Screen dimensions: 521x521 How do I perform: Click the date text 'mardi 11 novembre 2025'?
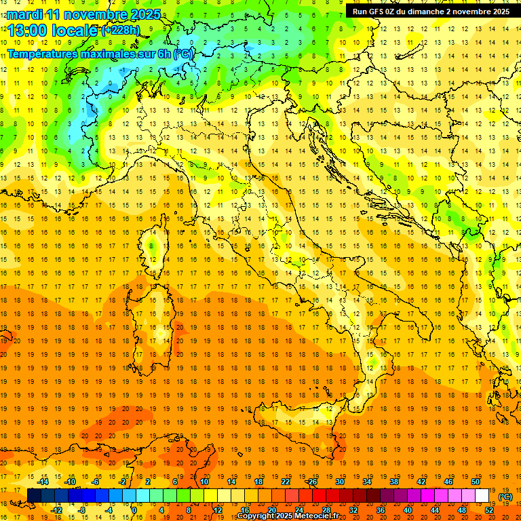pyautogui.click(x=85, y=14)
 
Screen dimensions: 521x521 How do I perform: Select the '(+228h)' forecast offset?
pyautogui.click(x=121, y=31)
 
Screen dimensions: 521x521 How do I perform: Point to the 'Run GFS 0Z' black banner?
pyautogui.click(x=431, y=12)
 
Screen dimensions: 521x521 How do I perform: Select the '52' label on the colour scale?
pyautogui.click(x=489, y=510)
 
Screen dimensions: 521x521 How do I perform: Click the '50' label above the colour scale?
pyautogui.click(x=476, y=481)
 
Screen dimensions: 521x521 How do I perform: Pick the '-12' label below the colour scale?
pyautogui.click(x=56, y=510)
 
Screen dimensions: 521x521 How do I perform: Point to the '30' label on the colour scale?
pyautogui.click(x=340, y=481)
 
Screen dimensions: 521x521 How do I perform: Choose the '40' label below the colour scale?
pyautogui.click(x=408, y=510)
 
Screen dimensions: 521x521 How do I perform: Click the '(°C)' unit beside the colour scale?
pyautogui.click(x=505, y=497)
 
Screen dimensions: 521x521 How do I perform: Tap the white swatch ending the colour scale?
pyautogui.click(x=482, y=496)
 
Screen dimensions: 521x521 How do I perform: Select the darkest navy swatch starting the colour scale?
pyautogui.click(x=34, y=496)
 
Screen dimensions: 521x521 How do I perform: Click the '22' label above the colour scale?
pyautogui.click(x=286, y=481)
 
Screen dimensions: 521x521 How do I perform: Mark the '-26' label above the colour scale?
pyautogui.click(x=312, y=481)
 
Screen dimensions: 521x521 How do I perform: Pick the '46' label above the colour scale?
pyautogui.click(x=448, y=481)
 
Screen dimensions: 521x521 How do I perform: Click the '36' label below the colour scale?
pyautogui.click(x=381, y=510)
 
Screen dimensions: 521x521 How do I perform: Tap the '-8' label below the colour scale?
pyautogui.click(x=83, y=510)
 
